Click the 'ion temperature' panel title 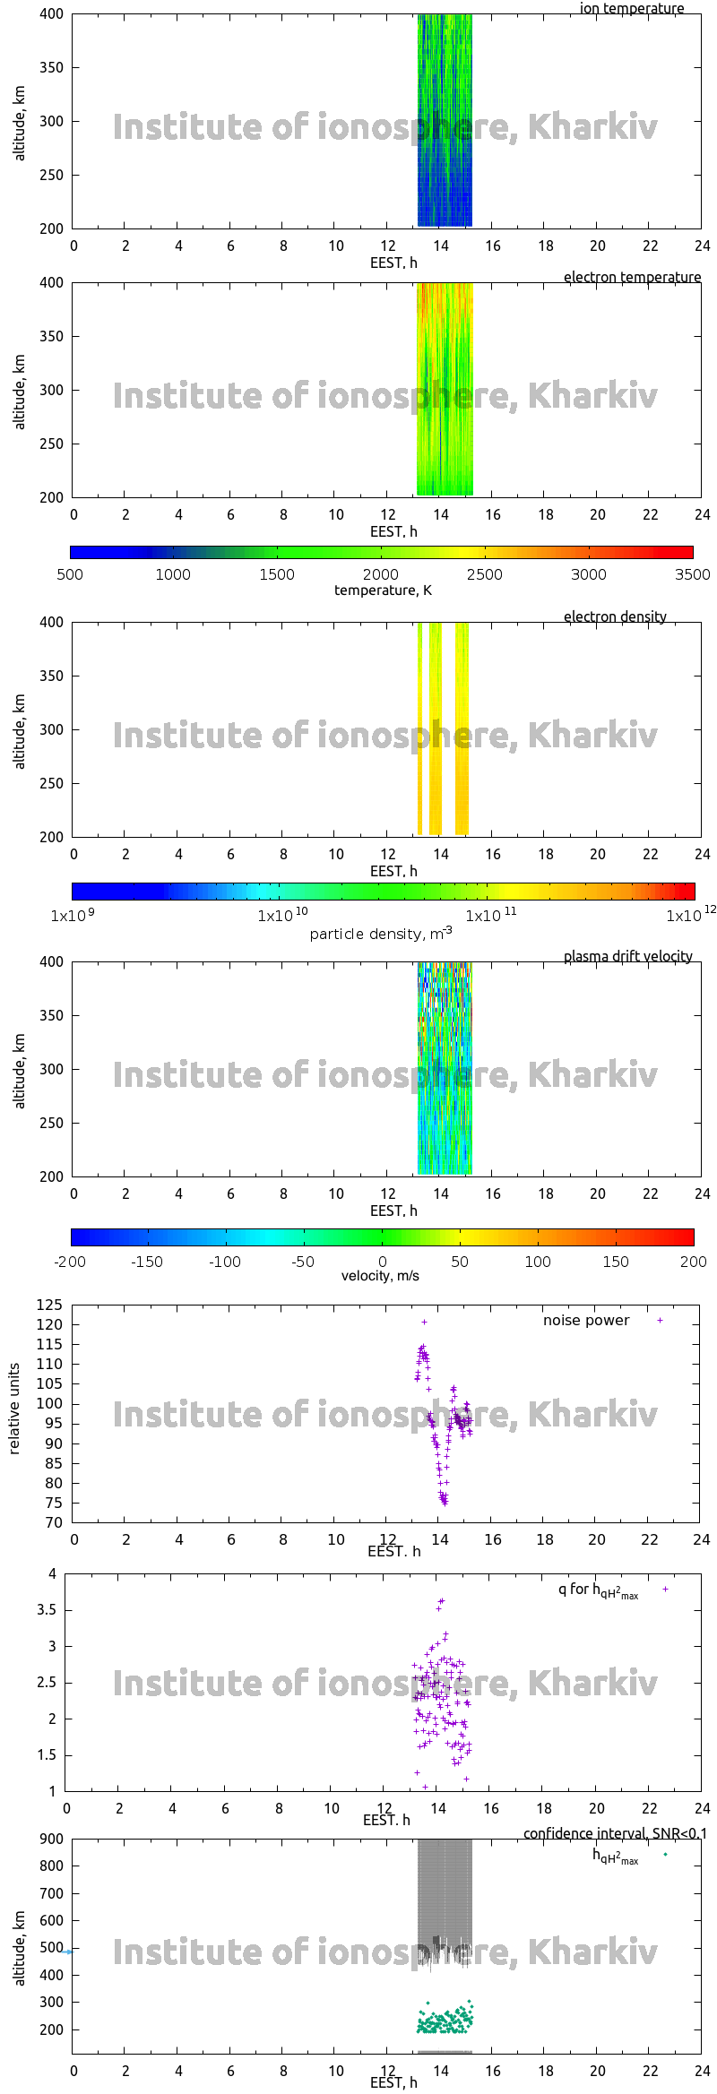pyautogui.click(x=631, y=9)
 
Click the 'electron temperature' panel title pyautogui.click(x=632, y=277)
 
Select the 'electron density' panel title pyautogui.click(x=615, y=616)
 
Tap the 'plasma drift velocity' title pyautogui.click(x=627, y=956)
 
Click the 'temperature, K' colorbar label pyautogui.click(x=383, y=590)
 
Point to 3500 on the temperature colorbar pyautogui.click(x=692, y=574)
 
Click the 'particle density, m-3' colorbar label pyautogui.click(x=380, y=934)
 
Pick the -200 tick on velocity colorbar pyautogui.click(x=70, y=1262)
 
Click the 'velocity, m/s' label pyautogui.click(x=380, y=1275)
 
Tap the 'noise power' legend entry pyautogui.click(x=586, y=1320)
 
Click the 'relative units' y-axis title pyautogui.click(x=14, y=1409)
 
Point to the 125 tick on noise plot pyautogui.click(x=49, y=1305)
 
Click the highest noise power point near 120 pyautogui.click(x=424, y=1322)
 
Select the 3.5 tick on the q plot pyautogui.click(x=47, y=1610)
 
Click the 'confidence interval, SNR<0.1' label pyautogui.click(x=615, y=1833)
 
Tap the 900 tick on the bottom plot pyautogui.click(x=52, y=1839)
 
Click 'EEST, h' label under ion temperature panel pyautogui.click(x=393, y=263)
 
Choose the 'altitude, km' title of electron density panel pyautogui.click(x=20, y=730)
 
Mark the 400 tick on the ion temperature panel pyautogui.click(x=52, y=14)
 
